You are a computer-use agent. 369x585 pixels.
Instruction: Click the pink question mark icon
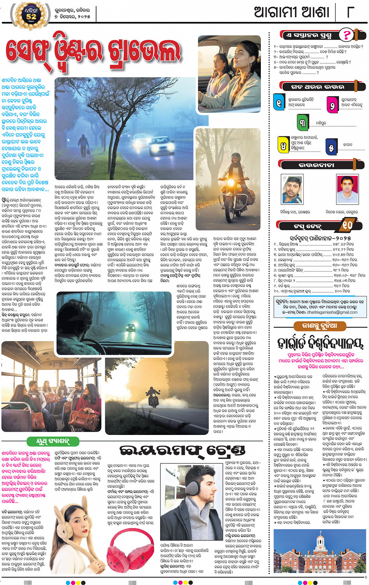click(x=346, y=35)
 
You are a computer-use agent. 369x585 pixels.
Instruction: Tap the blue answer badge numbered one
click(x=279, y=103)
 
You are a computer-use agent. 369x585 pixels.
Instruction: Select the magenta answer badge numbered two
click(x=332, y=104)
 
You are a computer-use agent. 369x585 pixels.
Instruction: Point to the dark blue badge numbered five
click(x=331, y=147)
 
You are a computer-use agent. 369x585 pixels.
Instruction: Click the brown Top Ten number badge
click(x=347, y=225)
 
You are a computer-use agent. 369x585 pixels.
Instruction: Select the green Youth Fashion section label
click(x=53, y=442)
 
